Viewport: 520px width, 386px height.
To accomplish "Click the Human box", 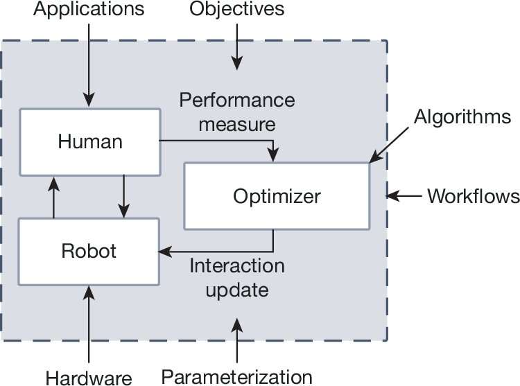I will (90, 142).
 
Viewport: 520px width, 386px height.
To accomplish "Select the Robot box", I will (89, 251).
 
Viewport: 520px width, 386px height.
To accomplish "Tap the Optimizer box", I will (277, 196).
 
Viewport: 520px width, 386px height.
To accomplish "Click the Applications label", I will (89, 10).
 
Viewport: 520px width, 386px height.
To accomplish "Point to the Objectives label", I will (236, 10).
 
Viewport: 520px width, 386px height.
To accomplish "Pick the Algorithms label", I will (462, 116).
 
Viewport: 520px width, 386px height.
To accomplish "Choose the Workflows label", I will (473, 196).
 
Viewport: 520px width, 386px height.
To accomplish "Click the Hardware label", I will (89, 378).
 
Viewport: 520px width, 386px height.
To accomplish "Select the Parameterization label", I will (237, 376).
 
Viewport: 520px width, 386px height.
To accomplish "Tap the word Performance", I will (237, 100).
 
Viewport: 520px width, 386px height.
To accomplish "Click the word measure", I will (237, 125).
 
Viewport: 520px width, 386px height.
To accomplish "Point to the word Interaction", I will (237, 265).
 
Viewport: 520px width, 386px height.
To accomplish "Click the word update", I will (237, 289).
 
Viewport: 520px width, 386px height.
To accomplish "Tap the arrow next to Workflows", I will (404, 196).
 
